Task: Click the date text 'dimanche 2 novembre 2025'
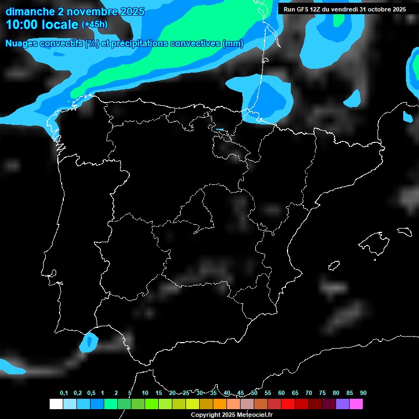click(x=75, y=11)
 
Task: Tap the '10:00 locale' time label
click(x=42, y=25)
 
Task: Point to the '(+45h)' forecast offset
click(x=94, y=25)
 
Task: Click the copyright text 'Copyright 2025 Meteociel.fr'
click(x=231, y=415)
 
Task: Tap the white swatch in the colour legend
click(x=56, y=404)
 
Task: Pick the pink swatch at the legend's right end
click(x=356, y=404)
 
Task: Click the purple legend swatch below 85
click(x=342, y=404)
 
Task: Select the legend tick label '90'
click(x=363, y=393)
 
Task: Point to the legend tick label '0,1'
click(x=64, y=393)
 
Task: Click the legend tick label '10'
click(x=145, y=393)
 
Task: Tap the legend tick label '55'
click(x=267, y=393)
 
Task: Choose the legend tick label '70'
click(x=308, y=393)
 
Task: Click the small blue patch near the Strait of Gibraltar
click(x=88, y=342)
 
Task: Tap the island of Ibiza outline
click(x=333, y=266)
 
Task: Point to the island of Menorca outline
click(x=405, y=231)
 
